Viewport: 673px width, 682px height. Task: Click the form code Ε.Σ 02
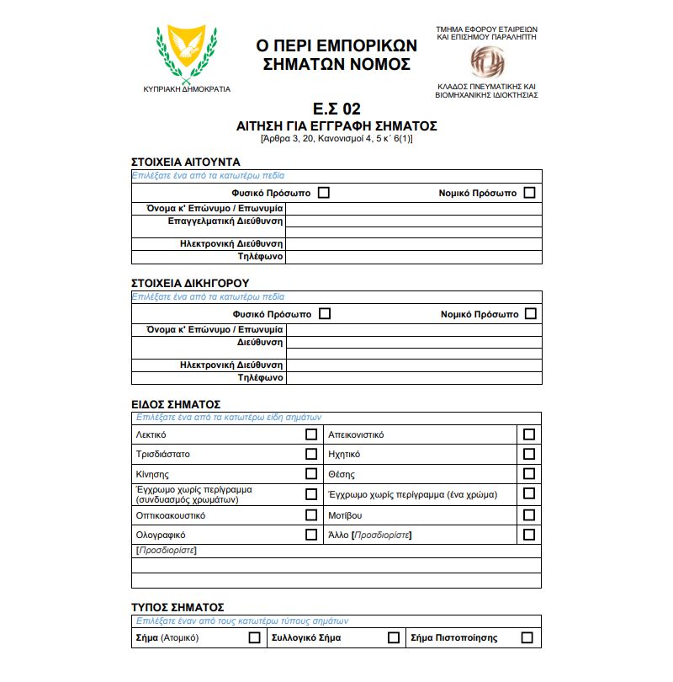336,109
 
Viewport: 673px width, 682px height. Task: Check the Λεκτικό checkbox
311,434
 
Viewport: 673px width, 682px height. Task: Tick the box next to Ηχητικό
528,454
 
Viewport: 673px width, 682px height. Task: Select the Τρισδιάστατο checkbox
311,454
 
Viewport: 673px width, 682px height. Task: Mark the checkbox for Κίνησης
311,474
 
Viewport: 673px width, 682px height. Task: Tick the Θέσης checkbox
528,474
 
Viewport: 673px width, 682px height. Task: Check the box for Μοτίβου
528,514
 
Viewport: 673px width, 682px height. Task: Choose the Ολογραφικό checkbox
311,535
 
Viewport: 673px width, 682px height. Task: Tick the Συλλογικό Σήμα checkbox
393,637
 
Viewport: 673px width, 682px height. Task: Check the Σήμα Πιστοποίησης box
527,637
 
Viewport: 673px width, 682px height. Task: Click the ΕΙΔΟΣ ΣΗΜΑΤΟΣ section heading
176,404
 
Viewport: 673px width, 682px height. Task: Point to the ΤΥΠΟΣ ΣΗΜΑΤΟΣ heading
178,606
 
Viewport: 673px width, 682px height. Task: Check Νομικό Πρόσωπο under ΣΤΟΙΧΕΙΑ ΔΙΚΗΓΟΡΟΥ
530,314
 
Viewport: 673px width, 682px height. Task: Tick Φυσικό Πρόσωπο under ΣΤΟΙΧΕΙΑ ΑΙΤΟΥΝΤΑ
324,193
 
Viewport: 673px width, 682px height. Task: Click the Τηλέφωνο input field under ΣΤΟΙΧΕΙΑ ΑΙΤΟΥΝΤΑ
413,257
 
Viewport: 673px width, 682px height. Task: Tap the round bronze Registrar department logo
486,60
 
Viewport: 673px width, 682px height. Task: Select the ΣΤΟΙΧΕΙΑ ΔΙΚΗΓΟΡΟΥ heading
190,283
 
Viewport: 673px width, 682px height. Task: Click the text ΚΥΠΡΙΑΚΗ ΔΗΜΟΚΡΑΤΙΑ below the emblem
187,88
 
